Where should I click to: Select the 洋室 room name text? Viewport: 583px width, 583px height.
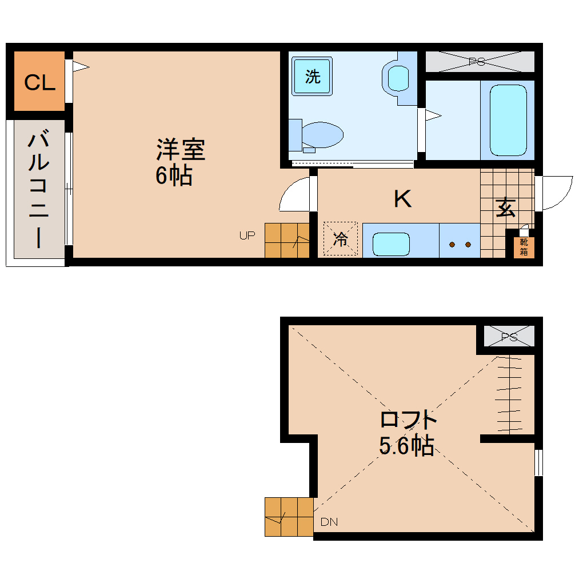coord(180,150)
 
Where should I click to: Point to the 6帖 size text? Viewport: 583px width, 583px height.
coord(173,176)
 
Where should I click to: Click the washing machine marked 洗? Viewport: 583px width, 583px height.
coord(312,77)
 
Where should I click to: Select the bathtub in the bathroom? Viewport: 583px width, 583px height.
coord(508,120)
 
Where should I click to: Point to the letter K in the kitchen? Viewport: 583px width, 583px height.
coord(402,199)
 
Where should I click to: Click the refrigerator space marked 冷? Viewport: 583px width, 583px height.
coord(340,239)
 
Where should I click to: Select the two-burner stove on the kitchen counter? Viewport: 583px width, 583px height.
coord(460,244)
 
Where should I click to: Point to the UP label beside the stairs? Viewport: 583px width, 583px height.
coord(247,235)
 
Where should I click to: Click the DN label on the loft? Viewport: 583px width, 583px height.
coord(329,522)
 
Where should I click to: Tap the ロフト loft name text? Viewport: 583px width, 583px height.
coord(409,421)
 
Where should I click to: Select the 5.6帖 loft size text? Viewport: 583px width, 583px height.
coord(406,446)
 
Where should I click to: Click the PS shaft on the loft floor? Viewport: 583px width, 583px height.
coord(509,337)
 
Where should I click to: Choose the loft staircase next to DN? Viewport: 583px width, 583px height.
coord(289,517)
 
